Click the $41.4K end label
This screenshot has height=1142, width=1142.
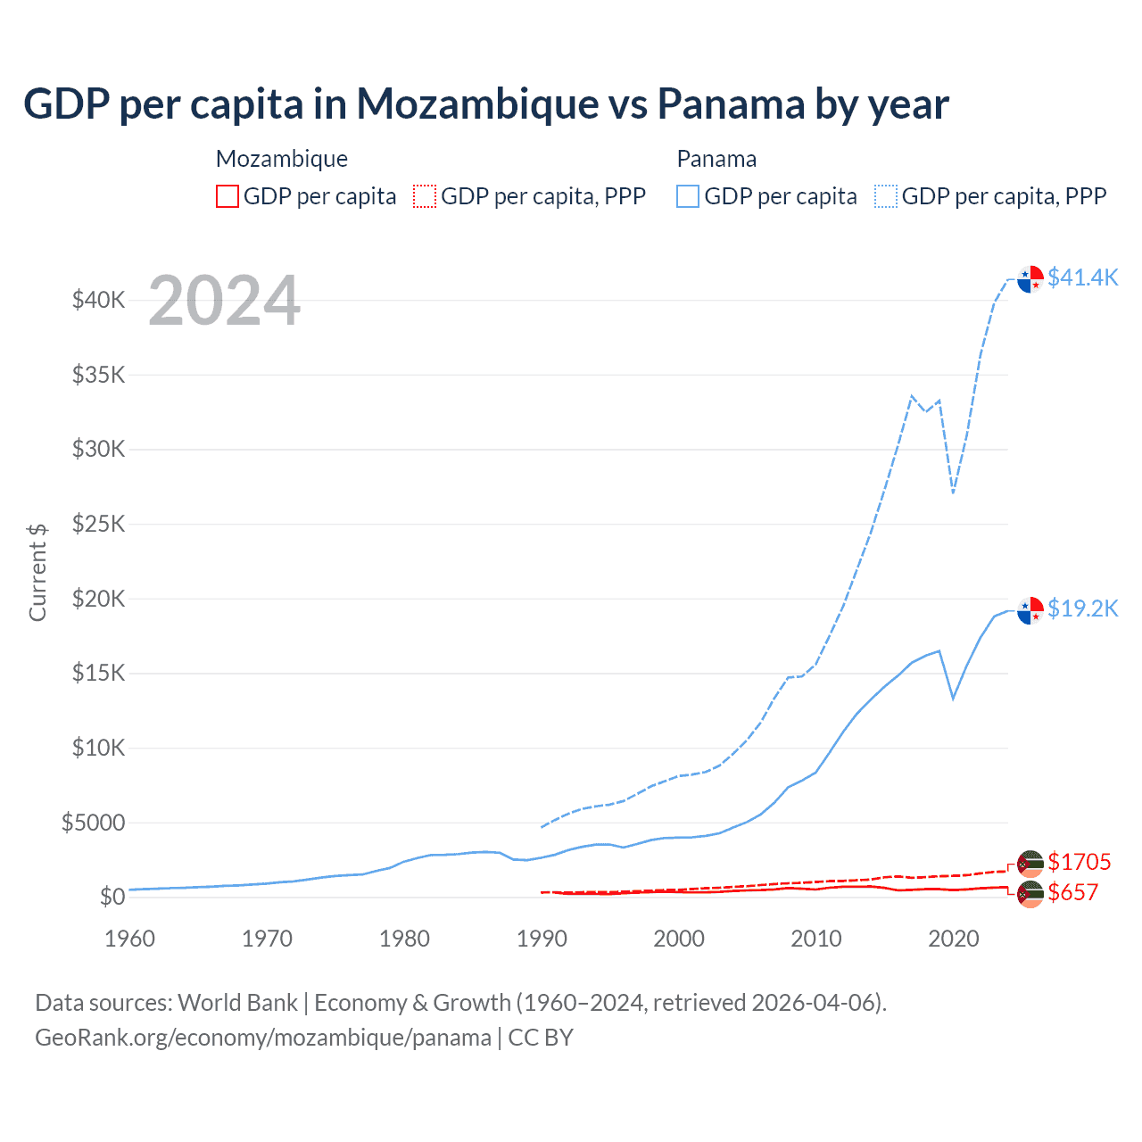point(1082,277)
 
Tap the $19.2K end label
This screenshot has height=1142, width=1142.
point(1082,608)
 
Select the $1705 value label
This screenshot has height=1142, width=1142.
point(1079,862)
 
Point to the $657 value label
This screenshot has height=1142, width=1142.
point(1072,892)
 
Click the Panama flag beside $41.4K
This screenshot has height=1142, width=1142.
point(1030,278)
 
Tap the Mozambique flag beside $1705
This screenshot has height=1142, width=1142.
point(1030,863)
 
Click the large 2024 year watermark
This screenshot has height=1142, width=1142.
point(224,301)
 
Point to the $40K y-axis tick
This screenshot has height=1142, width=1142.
point(99,300)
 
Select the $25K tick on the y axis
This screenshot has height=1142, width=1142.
point(99,524)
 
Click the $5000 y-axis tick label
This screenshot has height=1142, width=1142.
point(94,823)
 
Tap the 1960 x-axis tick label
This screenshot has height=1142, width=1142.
point(130,939)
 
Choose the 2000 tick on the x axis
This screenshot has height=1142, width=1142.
point(679,939)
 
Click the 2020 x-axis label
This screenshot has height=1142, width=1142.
point(954,939)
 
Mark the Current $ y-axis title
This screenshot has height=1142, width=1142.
point(37,572)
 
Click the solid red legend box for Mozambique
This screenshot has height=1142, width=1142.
point(228,196)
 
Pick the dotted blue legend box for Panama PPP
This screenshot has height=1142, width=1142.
point(886,196)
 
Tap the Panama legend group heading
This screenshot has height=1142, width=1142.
point(716,159)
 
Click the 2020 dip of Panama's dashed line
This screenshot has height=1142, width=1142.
point(954,492)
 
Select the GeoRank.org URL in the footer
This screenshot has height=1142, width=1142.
point(263,1038)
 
